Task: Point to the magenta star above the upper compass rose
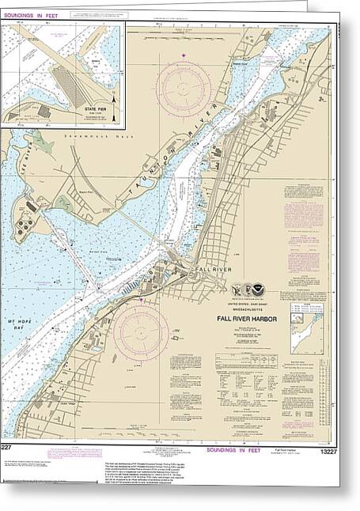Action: click(184, 55)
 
